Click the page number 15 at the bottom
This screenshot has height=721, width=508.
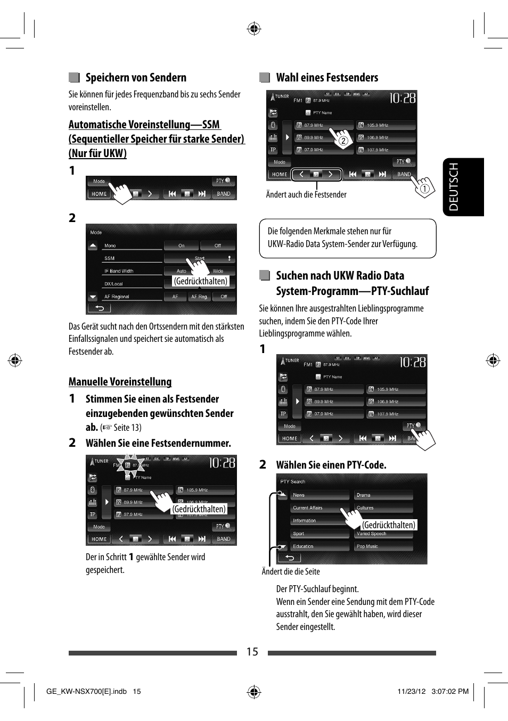[x=252, y=652]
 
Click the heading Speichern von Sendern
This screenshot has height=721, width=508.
[x=136, y=78]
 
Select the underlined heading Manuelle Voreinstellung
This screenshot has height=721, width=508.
[x=120, y=382]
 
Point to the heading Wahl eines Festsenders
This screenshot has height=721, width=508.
[x=326, y=78]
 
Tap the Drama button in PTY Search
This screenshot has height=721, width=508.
[x=383, y=495]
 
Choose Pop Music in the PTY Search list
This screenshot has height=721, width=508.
[x=383, y=546]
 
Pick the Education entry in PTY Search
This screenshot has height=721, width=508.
[x=319, y=546]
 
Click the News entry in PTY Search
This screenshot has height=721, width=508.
[x=319, y=495]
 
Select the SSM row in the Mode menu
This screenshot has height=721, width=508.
[x=132, y=258]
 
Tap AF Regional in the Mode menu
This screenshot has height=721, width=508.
[x=132, y=297]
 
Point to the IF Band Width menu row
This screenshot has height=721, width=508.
[x=132, y=271]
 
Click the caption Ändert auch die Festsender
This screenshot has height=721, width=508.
[x=306, y=195]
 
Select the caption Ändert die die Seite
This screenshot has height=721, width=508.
[x=291, y=572]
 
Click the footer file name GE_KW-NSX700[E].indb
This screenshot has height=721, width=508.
[x=86, y=692]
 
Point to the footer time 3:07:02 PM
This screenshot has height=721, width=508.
[x=450, y=692]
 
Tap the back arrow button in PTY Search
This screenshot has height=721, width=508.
[x=290, y=558]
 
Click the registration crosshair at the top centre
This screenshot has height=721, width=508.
[x=254, y=29]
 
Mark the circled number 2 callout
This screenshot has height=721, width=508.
[x=343, y=141]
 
